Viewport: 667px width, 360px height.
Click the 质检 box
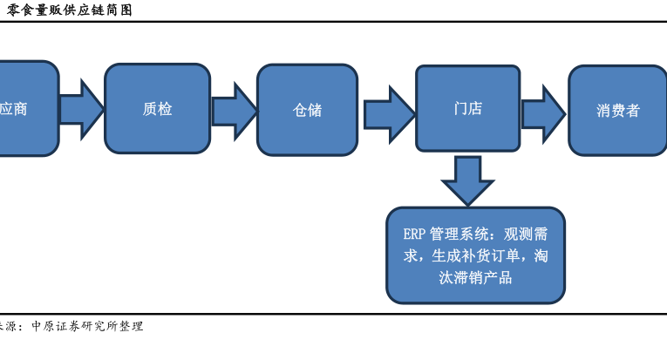157,109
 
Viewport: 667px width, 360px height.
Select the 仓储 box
307,110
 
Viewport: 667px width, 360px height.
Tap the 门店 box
467,108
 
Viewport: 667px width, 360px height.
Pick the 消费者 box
618,110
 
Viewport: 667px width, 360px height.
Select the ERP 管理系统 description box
475,255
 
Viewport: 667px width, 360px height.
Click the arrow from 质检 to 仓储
234,111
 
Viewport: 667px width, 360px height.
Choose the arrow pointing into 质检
81,109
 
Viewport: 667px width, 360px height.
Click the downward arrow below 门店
467,180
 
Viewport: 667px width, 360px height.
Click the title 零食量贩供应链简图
69,10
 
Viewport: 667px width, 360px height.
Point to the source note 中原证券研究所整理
87,326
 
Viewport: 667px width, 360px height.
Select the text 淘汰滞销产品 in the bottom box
475,278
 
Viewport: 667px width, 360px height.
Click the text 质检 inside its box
157,109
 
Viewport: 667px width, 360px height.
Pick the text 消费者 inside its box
618,111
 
